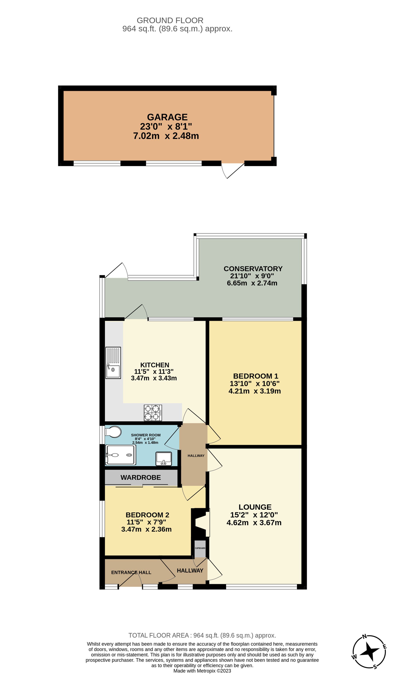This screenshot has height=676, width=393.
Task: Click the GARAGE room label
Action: click(x=167, y=117)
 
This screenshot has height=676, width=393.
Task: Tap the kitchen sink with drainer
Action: click(x=113, y=363)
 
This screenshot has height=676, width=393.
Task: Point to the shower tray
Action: click(x=120, y=455)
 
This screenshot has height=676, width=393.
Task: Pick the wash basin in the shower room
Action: click(x=163, y=459)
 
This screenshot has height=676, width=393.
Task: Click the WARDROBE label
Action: click(x=140, y=477)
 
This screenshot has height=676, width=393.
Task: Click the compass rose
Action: click(x=369, y=652)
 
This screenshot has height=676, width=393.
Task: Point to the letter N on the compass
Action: click(x=364, y=636)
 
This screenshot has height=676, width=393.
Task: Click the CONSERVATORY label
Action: click(x=253, y=269)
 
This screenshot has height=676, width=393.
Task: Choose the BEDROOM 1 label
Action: click(x=255, y=376)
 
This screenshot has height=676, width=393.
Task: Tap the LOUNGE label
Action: click(x=255, y=507)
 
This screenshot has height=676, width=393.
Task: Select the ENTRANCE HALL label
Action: click(x=131, y=572)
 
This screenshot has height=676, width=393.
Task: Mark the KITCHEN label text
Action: click(x=155, y=365)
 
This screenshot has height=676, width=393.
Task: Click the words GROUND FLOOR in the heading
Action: click(x=170, y=20)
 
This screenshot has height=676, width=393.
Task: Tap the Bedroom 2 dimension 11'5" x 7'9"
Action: click(x=146, y=522)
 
